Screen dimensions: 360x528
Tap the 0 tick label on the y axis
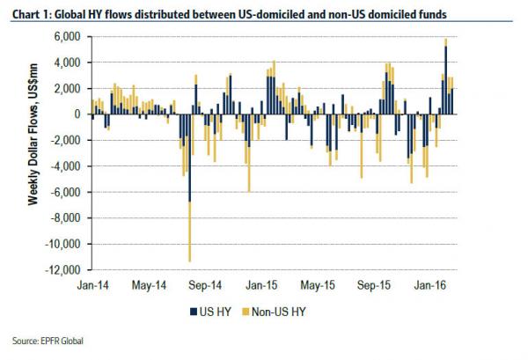[x=77, y=114]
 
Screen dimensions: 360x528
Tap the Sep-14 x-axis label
[x=204, y=286]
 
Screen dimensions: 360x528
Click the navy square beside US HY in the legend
[x=191, y=312]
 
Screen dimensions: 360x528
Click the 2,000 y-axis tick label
[x=68, y=88]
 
